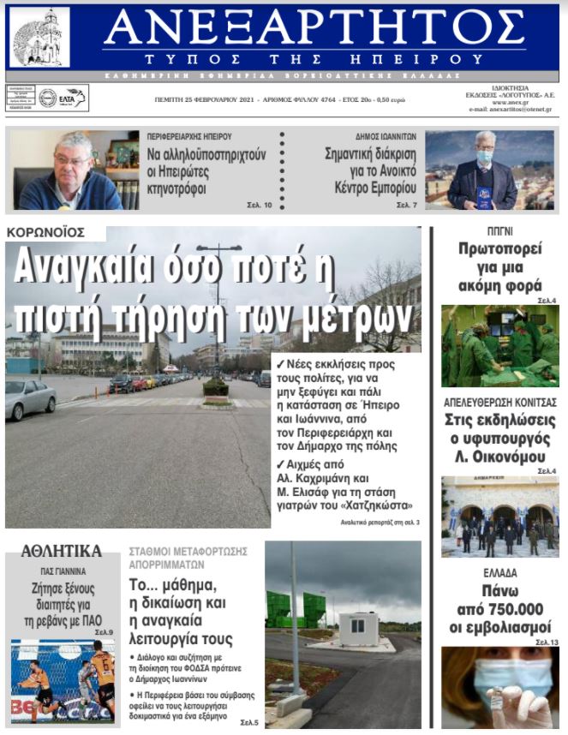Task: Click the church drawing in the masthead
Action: click(x=39, y=37)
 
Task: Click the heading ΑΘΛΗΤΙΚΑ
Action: click(x=61, y=551)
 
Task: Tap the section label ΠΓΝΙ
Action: click(x=499, y=232)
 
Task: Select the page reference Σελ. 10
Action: click(x=260, y=206)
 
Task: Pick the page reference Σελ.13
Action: click(x=547, y=642)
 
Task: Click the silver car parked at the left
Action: click(x=30, y=399)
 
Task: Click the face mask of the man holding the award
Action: click(x=484, y=157)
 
